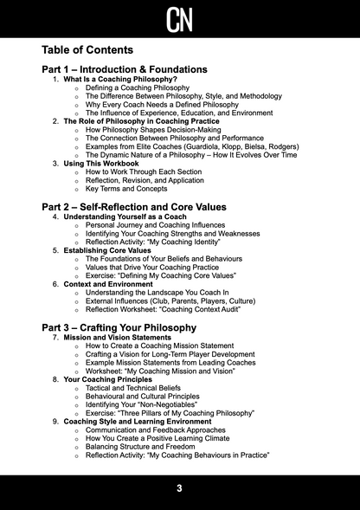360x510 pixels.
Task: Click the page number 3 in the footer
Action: click(179, 488)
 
